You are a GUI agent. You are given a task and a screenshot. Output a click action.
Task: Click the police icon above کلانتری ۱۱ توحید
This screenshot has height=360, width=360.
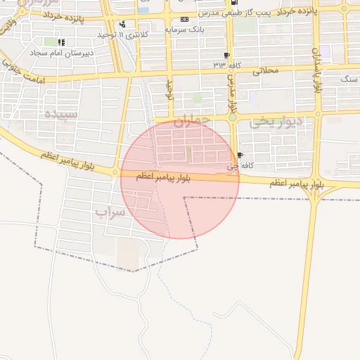pyautogui.click(x=124, y=24)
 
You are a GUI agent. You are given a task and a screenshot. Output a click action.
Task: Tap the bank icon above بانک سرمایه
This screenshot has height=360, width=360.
pyautogui.click(x=184, y=20)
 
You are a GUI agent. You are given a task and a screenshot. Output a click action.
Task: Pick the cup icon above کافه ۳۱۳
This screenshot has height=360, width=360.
pyautogui.click(x=226, y=55)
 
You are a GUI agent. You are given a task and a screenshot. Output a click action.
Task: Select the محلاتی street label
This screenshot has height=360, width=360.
pyautogui.click(x=265, y=70)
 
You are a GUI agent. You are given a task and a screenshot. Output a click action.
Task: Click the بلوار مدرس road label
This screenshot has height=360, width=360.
pyautogui.click(x=231, y=97)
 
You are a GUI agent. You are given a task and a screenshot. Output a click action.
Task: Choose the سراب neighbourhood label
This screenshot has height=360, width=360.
pyautogui.click(x=110, y=211)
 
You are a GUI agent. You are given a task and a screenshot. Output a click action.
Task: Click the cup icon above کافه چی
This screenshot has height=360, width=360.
pyautogui.click(x=240, y=155)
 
